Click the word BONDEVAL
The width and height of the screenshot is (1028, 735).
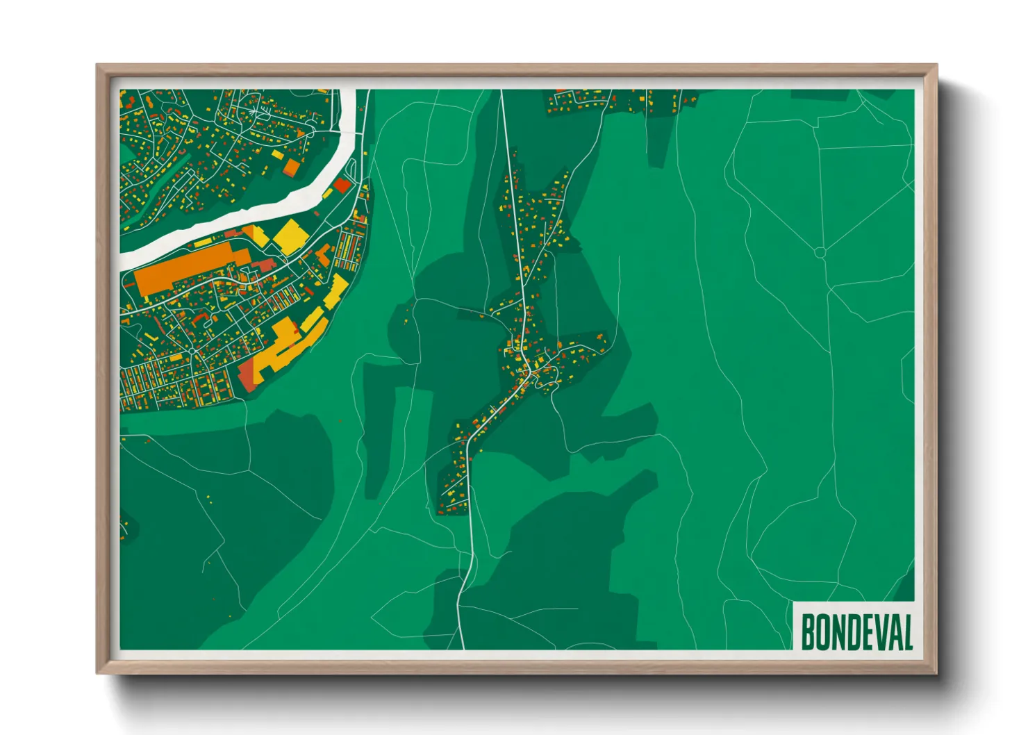[x=856, y=632]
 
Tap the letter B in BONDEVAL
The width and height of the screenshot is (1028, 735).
[x=809, y=632]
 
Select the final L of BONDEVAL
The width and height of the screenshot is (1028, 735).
[x=906, y=632]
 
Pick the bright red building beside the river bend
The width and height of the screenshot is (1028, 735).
[x=342, y=185]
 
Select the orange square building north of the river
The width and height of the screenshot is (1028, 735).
[x=292, y=167]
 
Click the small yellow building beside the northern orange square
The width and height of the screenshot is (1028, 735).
[x=278, y=154]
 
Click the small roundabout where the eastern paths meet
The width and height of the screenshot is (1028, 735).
[x=820, y=253]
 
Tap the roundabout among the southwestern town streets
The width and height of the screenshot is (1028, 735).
[x=190, y=352]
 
